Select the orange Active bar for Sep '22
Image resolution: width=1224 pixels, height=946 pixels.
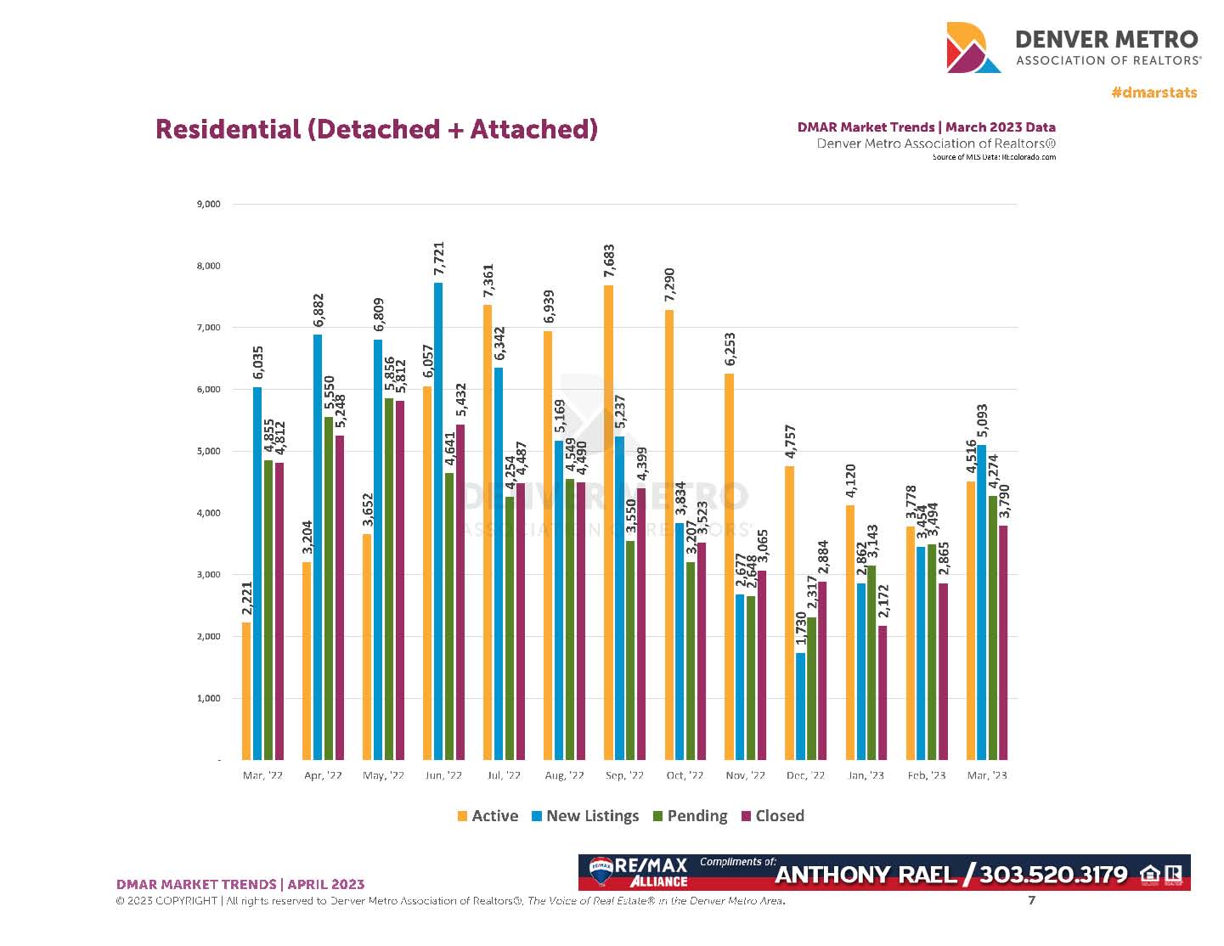click(609, 522)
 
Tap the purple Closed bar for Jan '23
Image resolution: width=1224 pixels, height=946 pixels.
click(883, 693)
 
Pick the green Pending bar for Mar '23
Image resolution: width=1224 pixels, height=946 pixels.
click(992, 628)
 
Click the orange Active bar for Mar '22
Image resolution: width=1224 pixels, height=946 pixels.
click(246, 691)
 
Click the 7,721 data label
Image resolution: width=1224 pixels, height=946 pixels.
click(439, 258)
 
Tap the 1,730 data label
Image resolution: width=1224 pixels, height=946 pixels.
click(801, 629)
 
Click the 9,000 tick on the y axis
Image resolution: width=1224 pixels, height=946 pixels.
click(209, 204)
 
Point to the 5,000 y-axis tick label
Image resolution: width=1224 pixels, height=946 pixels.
click(209, 451)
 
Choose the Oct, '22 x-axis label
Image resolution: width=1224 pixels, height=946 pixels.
click(685, 775)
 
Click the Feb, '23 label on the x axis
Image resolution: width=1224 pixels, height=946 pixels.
click(926, 775)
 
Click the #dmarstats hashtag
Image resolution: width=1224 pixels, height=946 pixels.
click(1153, 92)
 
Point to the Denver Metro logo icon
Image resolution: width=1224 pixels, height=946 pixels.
click(973, 48)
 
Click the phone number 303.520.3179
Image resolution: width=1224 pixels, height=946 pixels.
click(1053, 875)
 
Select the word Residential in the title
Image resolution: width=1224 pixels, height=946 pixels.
click(228, 129)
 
